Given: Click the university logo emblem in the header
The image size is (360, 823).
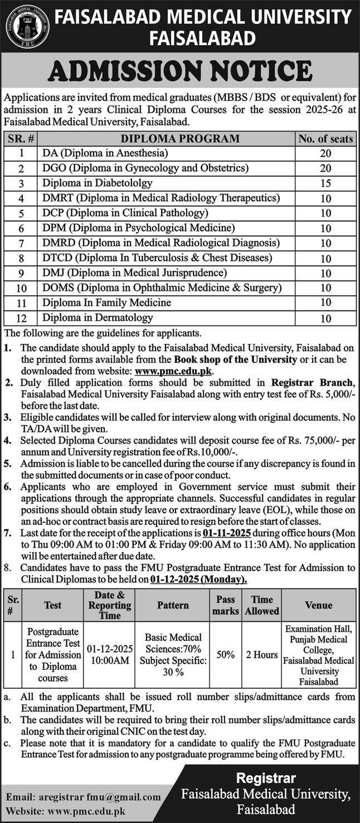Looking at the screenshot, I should coord(27,26).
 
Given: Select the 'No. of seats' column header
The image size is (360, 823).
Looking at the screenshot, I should coord(326,139).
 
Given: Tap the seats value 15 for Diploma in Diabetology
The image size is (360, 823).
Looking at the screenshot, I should coord(326,183).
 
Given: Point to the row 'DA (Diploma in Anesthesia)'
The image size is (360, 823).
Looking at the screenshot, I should coord(105,153).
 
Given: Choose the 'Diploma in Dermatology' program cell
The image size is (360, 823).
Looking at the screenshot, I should coord(98,318).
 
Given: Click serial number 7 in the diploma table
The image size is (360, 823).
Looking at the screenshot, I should coord(21,244).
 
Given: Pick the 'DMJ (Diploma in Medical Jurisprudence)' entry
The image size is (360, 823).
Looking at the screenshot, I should coord(134,272).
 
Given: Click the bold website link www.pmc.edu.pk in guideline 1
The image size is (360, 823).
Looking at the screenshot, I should coord(174,370).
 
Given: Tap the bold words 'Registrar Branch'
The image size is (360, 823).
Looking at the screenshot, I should coord(312,382).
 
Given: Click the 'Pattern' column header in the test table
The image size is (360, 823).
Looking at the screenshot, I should coord(173,605).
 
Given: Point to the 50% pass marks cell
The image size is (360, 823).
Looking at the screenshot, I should coord(226,655).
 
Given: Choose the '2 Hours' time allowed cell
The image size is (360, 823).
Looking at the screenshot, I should coord(262,655).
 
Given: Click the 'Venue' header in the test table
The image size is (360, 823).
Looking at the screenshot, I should coord(319,605).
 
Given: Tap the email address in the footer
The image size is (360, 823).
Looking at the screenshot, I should coord(84,797).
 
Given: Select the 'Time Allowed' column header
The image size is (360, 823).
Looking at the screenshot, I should coord(262,605).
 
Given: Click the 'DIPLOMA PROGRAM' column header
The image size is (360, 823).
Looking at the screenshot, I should coord(166,139).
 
